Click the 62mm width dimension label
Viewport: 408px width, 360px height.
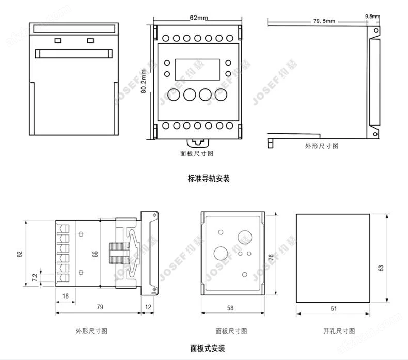[199, 18]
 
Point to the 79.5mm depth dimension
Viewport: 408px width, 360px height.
[324, 21]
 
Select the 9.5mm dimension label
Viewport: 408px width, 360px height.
[371, 17]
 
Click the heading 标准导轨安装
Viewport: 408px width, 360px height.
[209, 179]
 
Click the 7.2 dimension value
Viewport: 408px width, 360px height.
[35, 277]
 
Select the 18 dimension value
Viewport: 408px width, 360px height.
[66, 295]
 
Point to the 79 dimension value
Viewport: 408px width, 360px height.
[100, 307]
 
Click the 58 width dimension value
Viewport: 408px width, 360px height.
[230, 308]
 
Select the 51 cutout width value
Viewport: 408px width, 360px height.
[334, 308]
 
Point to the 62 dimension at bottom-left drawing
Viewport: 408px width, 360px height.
[20, 254]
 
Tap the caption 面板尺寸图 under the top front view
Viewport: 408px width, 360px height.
[197, 153]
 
